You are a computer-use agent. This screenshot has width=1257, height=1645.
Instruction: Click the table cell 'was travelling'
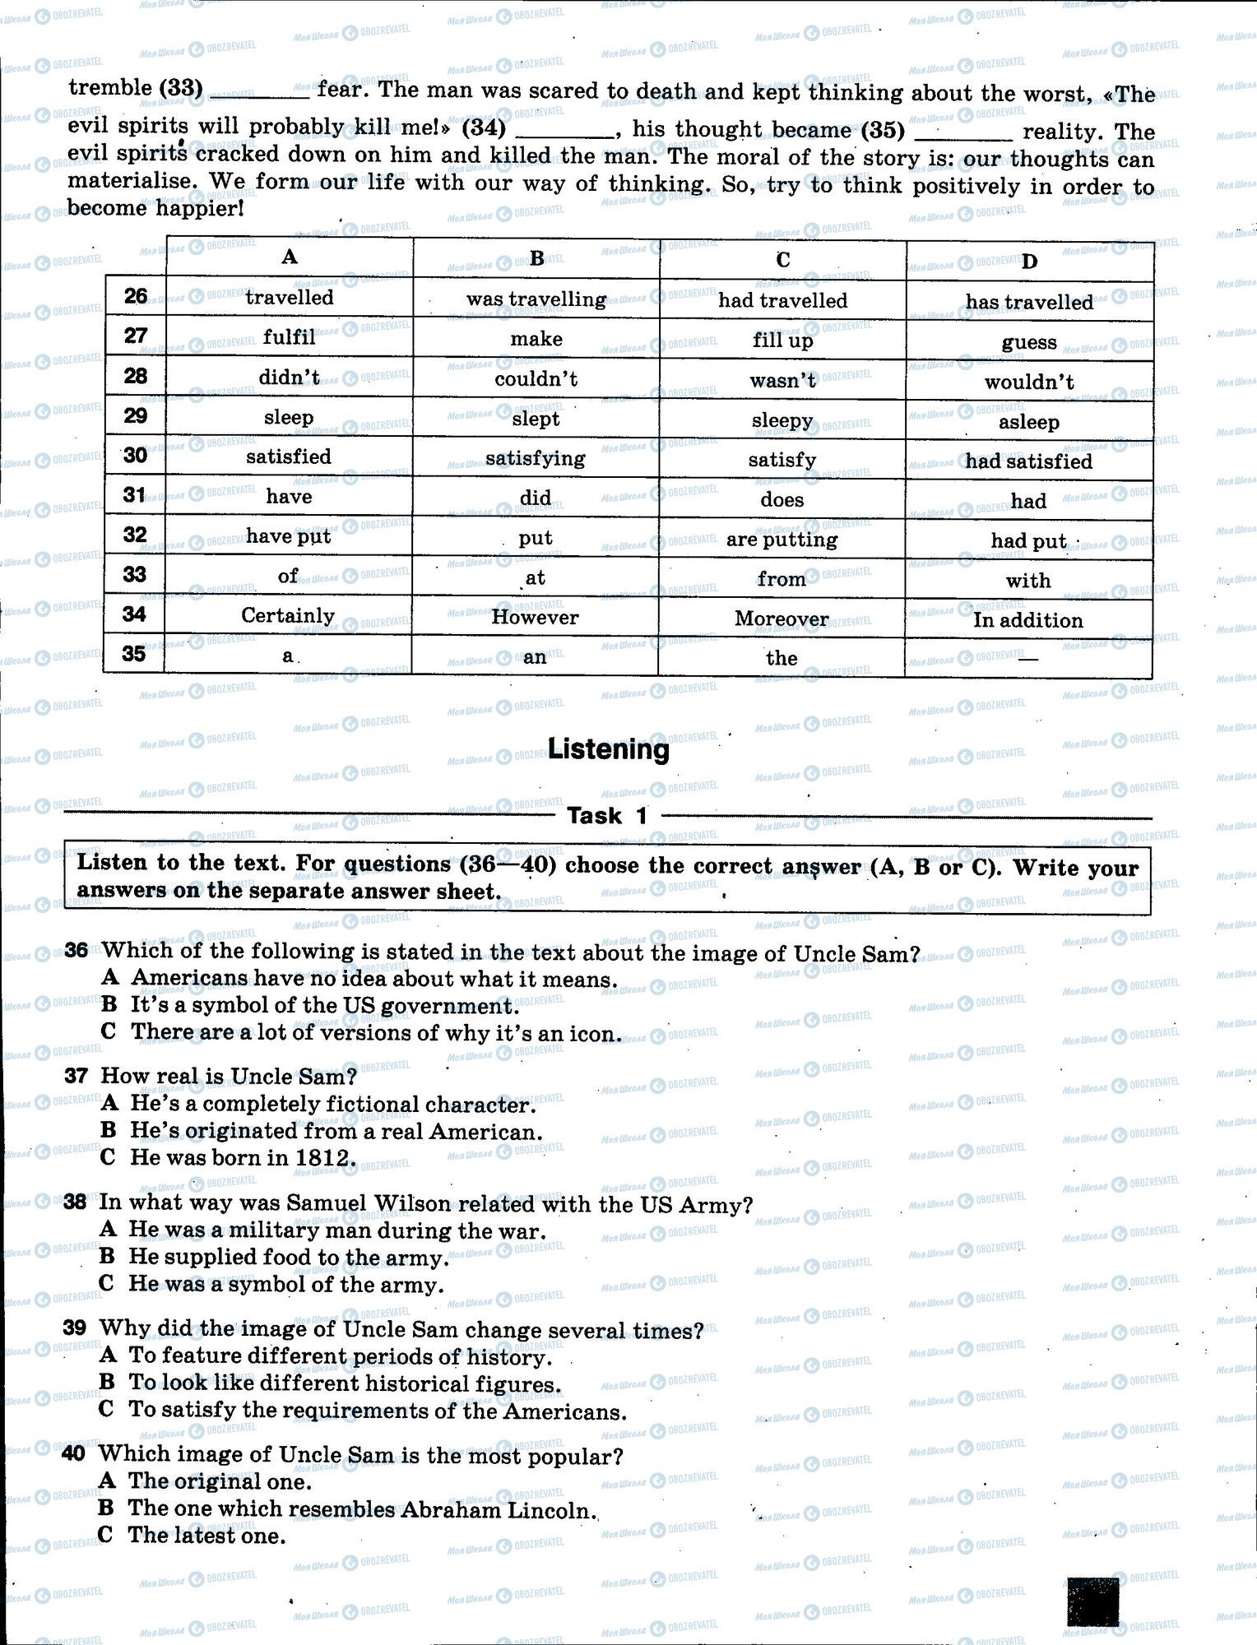pyautogui.click(x=536, y=299)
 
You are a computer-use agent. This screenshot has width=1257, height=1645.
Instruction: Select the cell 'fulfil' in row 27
pyautogui.click(x=289, y=337)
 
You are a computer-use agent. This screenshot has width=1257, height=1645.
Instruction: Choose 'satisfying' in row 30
pyautogui.click(x=535, y=458)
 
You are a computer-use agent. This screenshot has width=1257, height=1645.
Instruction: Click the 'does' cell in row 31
pyautogui.click(x=782, y=500)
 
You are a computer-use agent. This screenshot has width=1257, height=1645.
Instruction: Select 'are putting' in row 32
pyautogui.click(x=782, y=540)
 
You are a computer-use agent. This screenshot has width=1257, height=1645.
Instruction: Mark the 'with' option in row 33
pyautogui.click(x=1028, y=581)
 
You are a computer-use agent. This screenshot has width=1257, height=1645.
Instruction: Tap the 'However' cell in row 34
pyautogui.click(x=535, y=618)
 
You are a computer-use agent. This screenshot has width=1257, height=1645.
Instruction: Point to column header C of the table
pyautogui.click(x=782, y=260)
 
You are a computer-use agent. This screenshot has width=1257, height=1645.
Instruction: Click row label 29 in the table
pyautogui.click(x=135, y=416)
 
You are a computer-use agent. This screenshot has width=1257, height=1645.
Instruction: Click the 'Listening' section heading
pyautogui.click(x=608, y=749)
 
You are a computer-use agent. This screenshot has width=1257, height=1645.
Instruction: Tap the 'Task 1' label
pyautogui.click(x=608, y=816)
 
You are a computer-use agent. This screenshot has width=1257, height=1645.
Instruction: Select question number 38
pyautogui.click(x=75, y=1202)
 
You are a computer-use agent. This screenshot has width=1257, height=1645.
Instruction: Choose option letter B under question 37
pyautogui.click(x=109, y=1130)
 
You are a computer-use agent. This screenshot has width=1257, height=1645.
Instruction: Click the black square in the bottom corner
pyautogui.click(x=1092, y=1601)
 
